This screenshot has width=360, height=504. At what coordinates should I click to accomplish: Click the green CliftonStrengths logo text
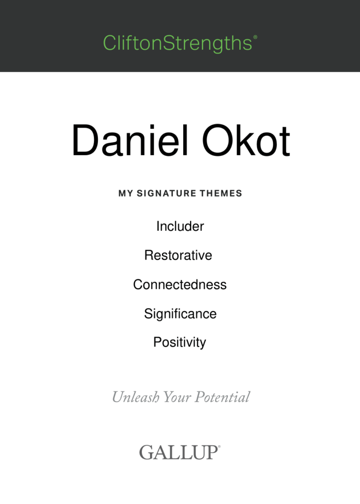point(178,43)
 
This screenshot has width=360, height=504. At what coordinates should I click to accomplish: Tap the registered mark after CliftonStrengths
point(256,37)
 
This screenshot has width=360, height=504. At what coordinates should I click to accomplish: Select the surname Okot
point(246,140)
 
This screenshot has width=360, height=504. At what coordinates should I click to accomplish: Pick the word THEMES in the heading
point(221,193)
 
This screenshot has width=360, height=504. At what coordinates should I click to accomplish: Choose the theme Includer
point(180,226)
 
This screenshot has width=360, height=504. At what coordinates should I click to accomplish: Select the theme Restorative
point(178,255)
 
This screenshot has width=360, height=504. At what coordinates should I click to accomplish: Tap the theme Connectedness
point(180,284)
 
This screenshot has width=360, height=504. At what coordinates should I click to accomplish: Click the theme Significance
point(180,314)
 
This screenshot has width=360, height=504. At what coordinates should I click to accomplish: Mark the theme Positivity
point(180,343)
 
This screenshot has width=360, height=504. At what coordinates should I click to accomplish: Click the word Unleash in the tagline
point(135,397)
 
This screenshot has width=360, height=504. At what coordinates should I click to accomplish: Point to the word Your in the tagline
point(177,397)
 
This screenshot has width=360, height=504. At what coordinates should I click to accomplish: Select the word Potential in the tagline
point(223,397)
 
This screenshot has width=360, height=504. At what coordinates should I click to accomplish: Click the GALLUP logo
point(179,452)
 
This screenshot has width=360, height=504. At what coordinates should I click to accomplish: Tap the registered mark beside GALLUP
point(220,446)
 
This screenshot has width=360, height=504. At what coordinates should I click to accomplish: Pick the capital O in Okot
point(218,140)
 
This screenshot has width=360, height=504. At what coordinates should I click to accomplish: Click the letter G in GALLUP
point(146,452)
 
